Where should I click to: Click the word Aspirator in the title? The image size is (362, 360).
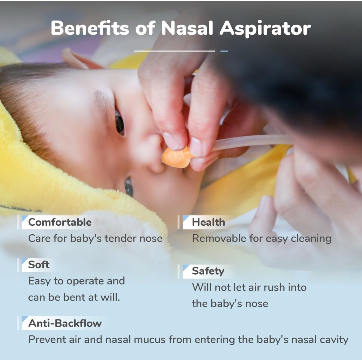(265, 28)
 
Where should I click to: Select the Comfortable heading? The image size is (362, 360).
(60, 222)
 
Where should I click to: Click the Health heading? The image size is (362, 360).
(208, 222)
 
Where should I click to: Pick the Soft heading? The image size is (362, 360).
(39, 265)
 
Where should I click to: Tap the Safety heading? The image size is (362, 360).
(208, 271)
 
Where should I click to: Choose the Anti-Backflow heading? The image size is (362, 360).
(65, 323)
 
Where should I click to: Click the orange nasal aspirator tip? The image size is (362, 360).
(176, 157)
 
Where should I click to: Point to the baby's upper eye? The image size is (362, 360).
(119, 122)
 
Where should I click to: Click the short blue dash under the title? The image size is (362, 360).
(224, 51)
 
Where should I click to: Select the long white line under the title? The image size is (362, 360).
(175, 51)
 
